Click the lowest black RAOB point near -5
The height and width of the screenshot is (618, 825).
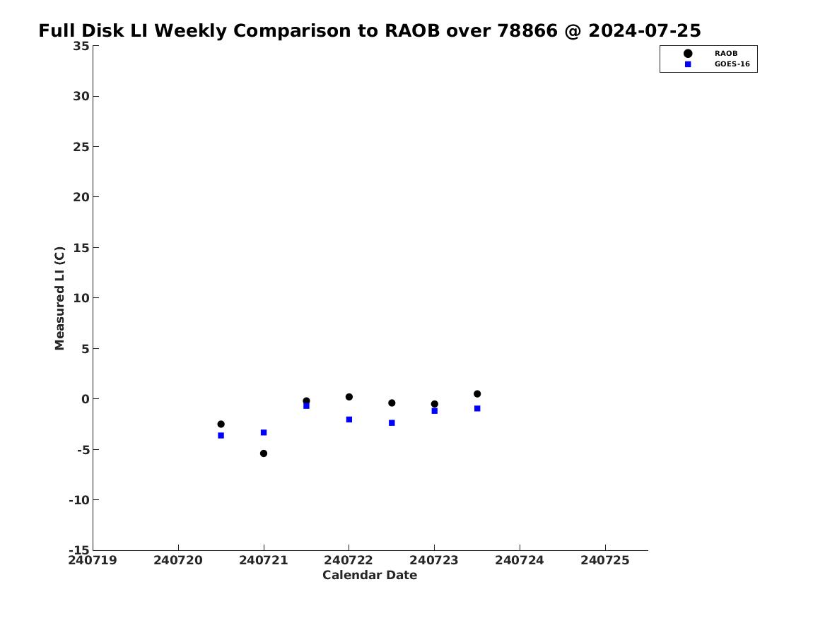264,453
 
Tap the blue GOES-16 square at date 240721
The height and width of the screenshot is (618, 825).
264,432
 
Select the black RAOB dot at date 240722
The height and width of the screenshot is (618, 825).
349,397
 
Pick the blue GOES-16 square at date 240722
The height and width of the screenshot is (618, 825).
349,420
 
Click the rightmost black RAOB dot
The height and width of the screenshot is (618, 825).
477,393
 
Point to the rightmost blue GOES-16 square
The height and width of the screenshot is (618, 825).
477,408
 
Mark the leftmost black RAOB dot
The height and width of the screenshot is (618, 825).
221,424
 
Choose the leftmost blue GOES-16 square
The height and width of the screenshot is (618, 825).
221,436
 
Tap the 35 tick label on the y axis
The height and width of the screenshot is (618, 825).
81,46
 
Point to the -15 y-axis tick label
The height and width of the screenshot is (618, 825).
79,550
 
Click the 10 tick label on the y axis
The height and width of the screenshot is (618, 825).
81,298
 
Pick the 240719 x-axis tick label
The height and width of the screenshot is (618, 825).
93,561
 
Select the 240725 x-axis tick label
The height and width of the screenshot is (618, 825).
605,561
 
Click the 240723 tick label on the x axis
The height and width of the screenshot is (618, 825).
434,561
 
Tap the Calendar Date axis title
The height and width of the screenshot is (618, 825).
370,576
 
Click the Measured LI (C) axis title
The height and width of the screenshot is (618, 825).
59,298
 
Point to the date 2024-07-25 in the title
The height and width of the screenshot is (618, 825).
645,30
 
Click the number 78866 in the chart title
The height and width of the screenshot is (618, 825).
527,30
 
